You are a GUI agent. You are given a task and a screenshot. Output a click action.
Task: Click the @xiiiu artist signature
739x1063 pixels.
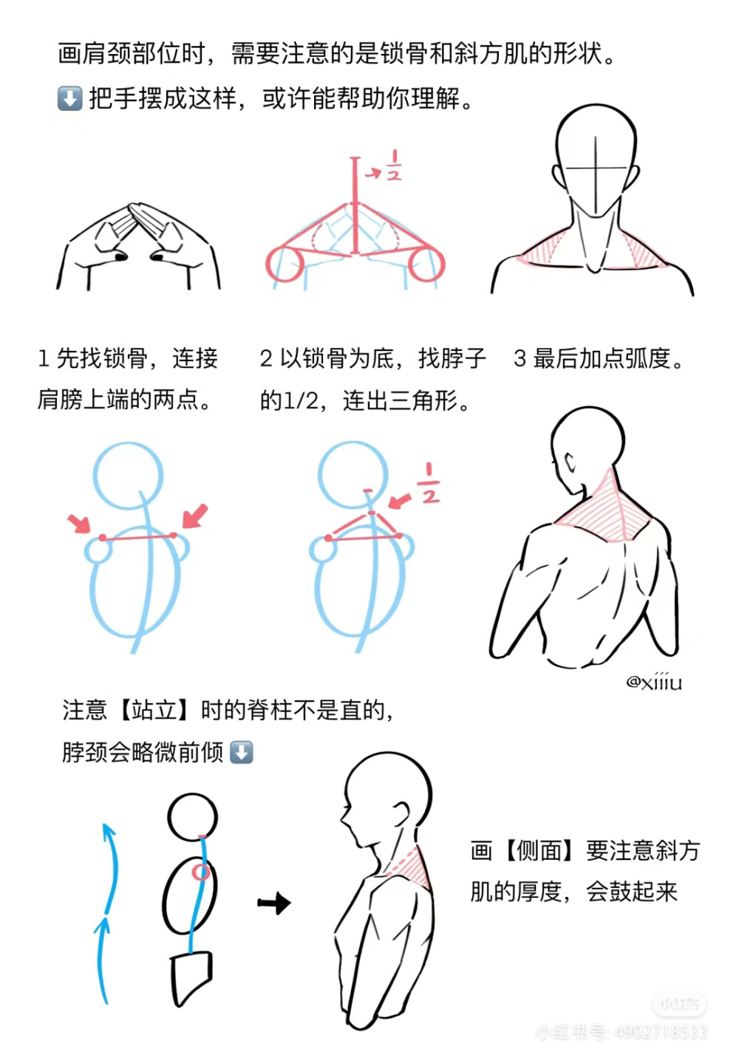tap(654, 681)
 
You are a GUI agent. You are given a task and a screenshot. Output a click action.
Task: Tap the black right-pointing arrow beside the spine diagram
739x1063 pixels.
tap(275, 903)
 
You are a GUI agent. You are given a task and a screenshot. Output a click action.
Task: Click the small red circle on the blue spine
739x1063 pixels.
tap(200, 872)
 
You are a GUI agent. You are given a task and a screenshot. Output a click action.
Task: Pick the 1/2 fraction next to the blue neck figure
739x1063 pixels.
tap(429, 484)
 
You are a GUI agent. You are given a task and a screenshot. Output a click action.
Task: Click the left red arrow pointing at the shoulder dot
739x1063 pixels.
tap(79, 523)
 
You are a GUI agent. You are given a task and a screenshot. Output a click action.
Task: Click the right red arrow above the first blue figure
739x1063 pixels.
tap(195, 516)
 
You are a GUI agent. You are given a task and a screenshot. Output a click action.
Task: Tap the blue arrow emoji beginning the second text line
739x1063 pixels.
tap(69, 98)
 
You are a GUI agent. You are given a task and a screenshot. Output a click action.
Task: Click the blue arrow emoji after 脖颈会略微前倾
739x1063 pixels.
tap(242, 752)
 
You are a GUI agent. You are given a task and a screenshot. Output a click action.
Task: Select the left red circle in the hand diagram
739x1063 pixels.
tap(285, 264)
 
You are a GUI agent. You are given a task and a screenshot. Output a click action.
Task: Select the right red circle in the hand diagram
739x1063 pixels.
tap(426, 264)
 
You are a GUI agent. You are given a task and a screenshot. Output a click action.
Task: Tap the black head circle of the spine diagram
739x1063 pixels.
tap(192, 818)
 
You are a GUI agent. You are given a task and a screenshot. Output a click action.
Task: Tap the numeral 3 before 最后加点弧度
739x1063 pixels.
tap(520, 359)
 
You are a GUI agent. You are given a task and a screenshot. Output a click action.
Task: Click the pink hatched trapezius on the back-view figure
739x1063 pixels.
tap(607, 510)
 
